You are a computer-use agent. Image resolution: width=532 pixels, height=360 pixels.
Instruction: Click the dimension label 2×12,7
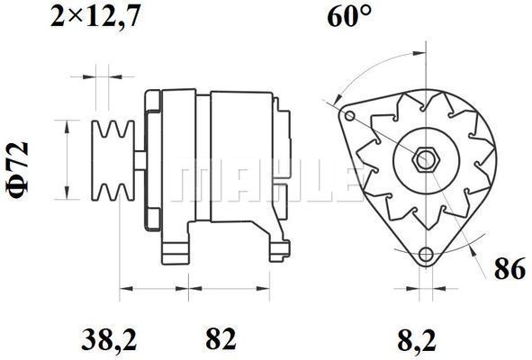coord(95,16)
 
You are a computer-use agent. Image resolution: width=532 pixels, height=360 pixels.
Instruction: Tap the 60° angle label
coord(349,16)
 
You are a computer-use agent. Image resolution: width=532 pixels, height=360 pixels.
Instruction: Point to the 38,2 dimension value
coord(109,338)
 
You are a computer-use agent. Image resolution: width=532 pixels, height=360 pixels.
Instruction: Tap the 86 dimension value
coord(510,269)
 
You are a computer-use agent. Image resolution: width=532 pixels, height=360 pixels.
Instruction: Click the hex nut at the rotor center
coord(426,159)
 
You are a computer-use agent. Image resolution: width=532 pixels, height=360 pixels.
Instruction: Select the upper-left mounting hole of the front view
coord(350,116)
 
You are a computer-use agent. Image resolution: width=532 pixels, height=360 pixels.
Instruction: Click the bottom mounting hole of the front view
coord(426,254)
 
